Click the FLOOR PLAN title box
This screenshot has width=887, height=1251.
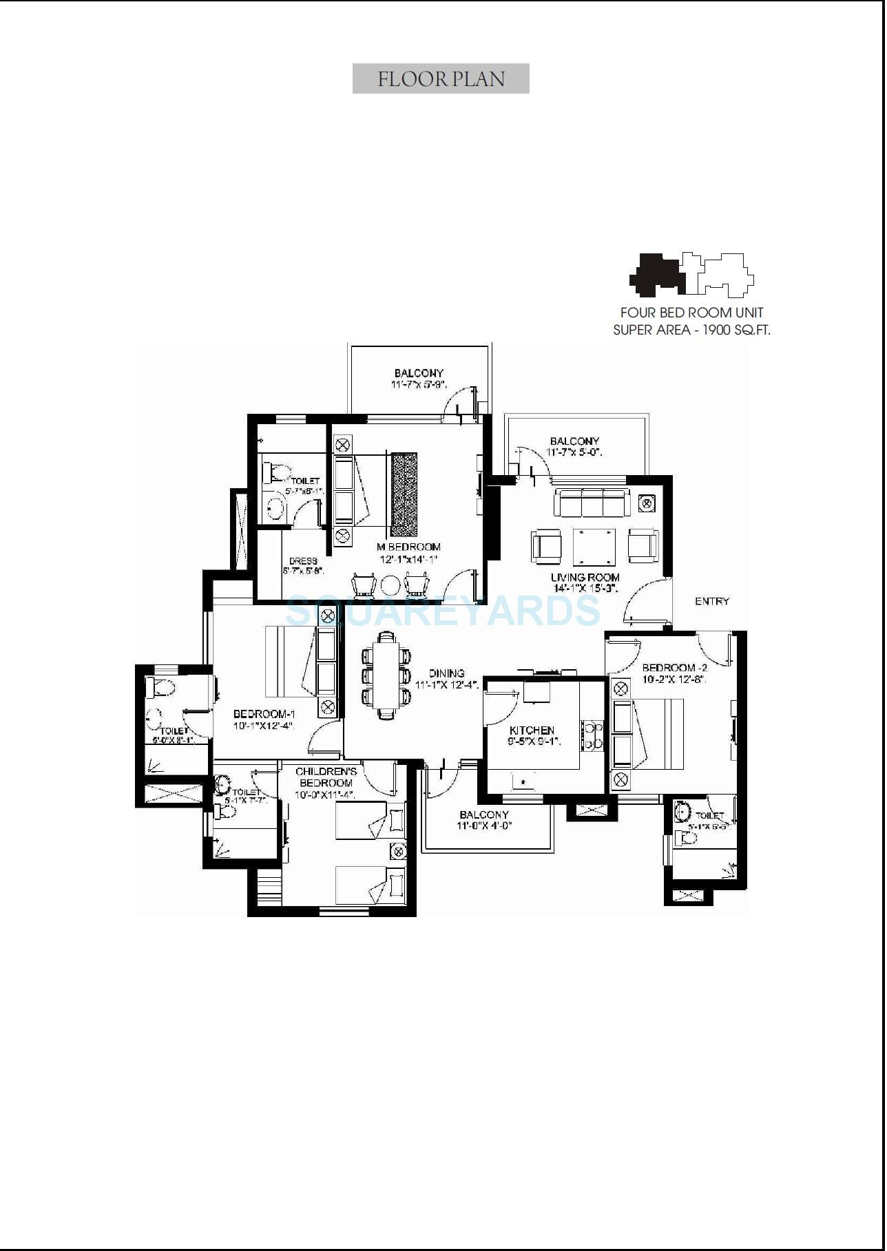pyautogui.click(x=441, y=78)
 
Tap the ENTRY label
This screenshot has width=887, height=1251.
pyautogui.click(x=711, y=602)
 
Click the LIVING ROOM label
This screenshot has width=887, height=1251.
pyautogui.click(x=585, y=578)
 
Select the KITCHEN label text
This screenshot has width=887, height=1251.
pyautogui.click(x=532, y=730)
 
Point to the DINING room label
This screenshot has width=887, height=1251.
pyautogui.click(x=446, y=673)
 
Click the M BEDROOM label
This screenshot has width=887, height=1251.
pyautogui.click(x=408, y=547)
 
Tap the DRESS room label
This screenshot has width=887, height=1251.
pyautogui.click(x=303, y=561)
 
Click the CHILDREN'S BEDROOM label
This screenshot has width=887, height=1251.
pyautogui.click(x=326, y=777)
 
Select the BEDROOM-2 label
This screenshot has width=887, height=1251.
pyautogui.click(x=674, y=668)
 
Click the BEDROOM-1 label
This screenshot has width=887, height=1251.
pyautogui.click(x=264, y=715)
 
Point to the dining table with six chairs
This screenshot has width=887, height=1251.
pyautogui.click(x=386, y=675)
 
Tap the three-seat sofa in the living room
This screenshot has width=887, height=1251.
pyautogui.click(x=592, y=503)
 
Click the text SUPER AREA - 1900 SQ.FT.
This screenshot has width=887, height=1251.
pyautogui.click(x=691, y=330)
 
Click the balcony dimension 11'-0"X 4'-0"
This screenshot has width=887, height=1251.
pyautogui.click(x=485, y=826)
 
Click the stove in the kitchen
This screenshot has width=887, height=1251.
pyautogui.click(x=591, y=735)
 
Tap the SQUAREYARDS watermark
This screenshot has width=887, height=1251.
pyautogui.click(x=443, y=611)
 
